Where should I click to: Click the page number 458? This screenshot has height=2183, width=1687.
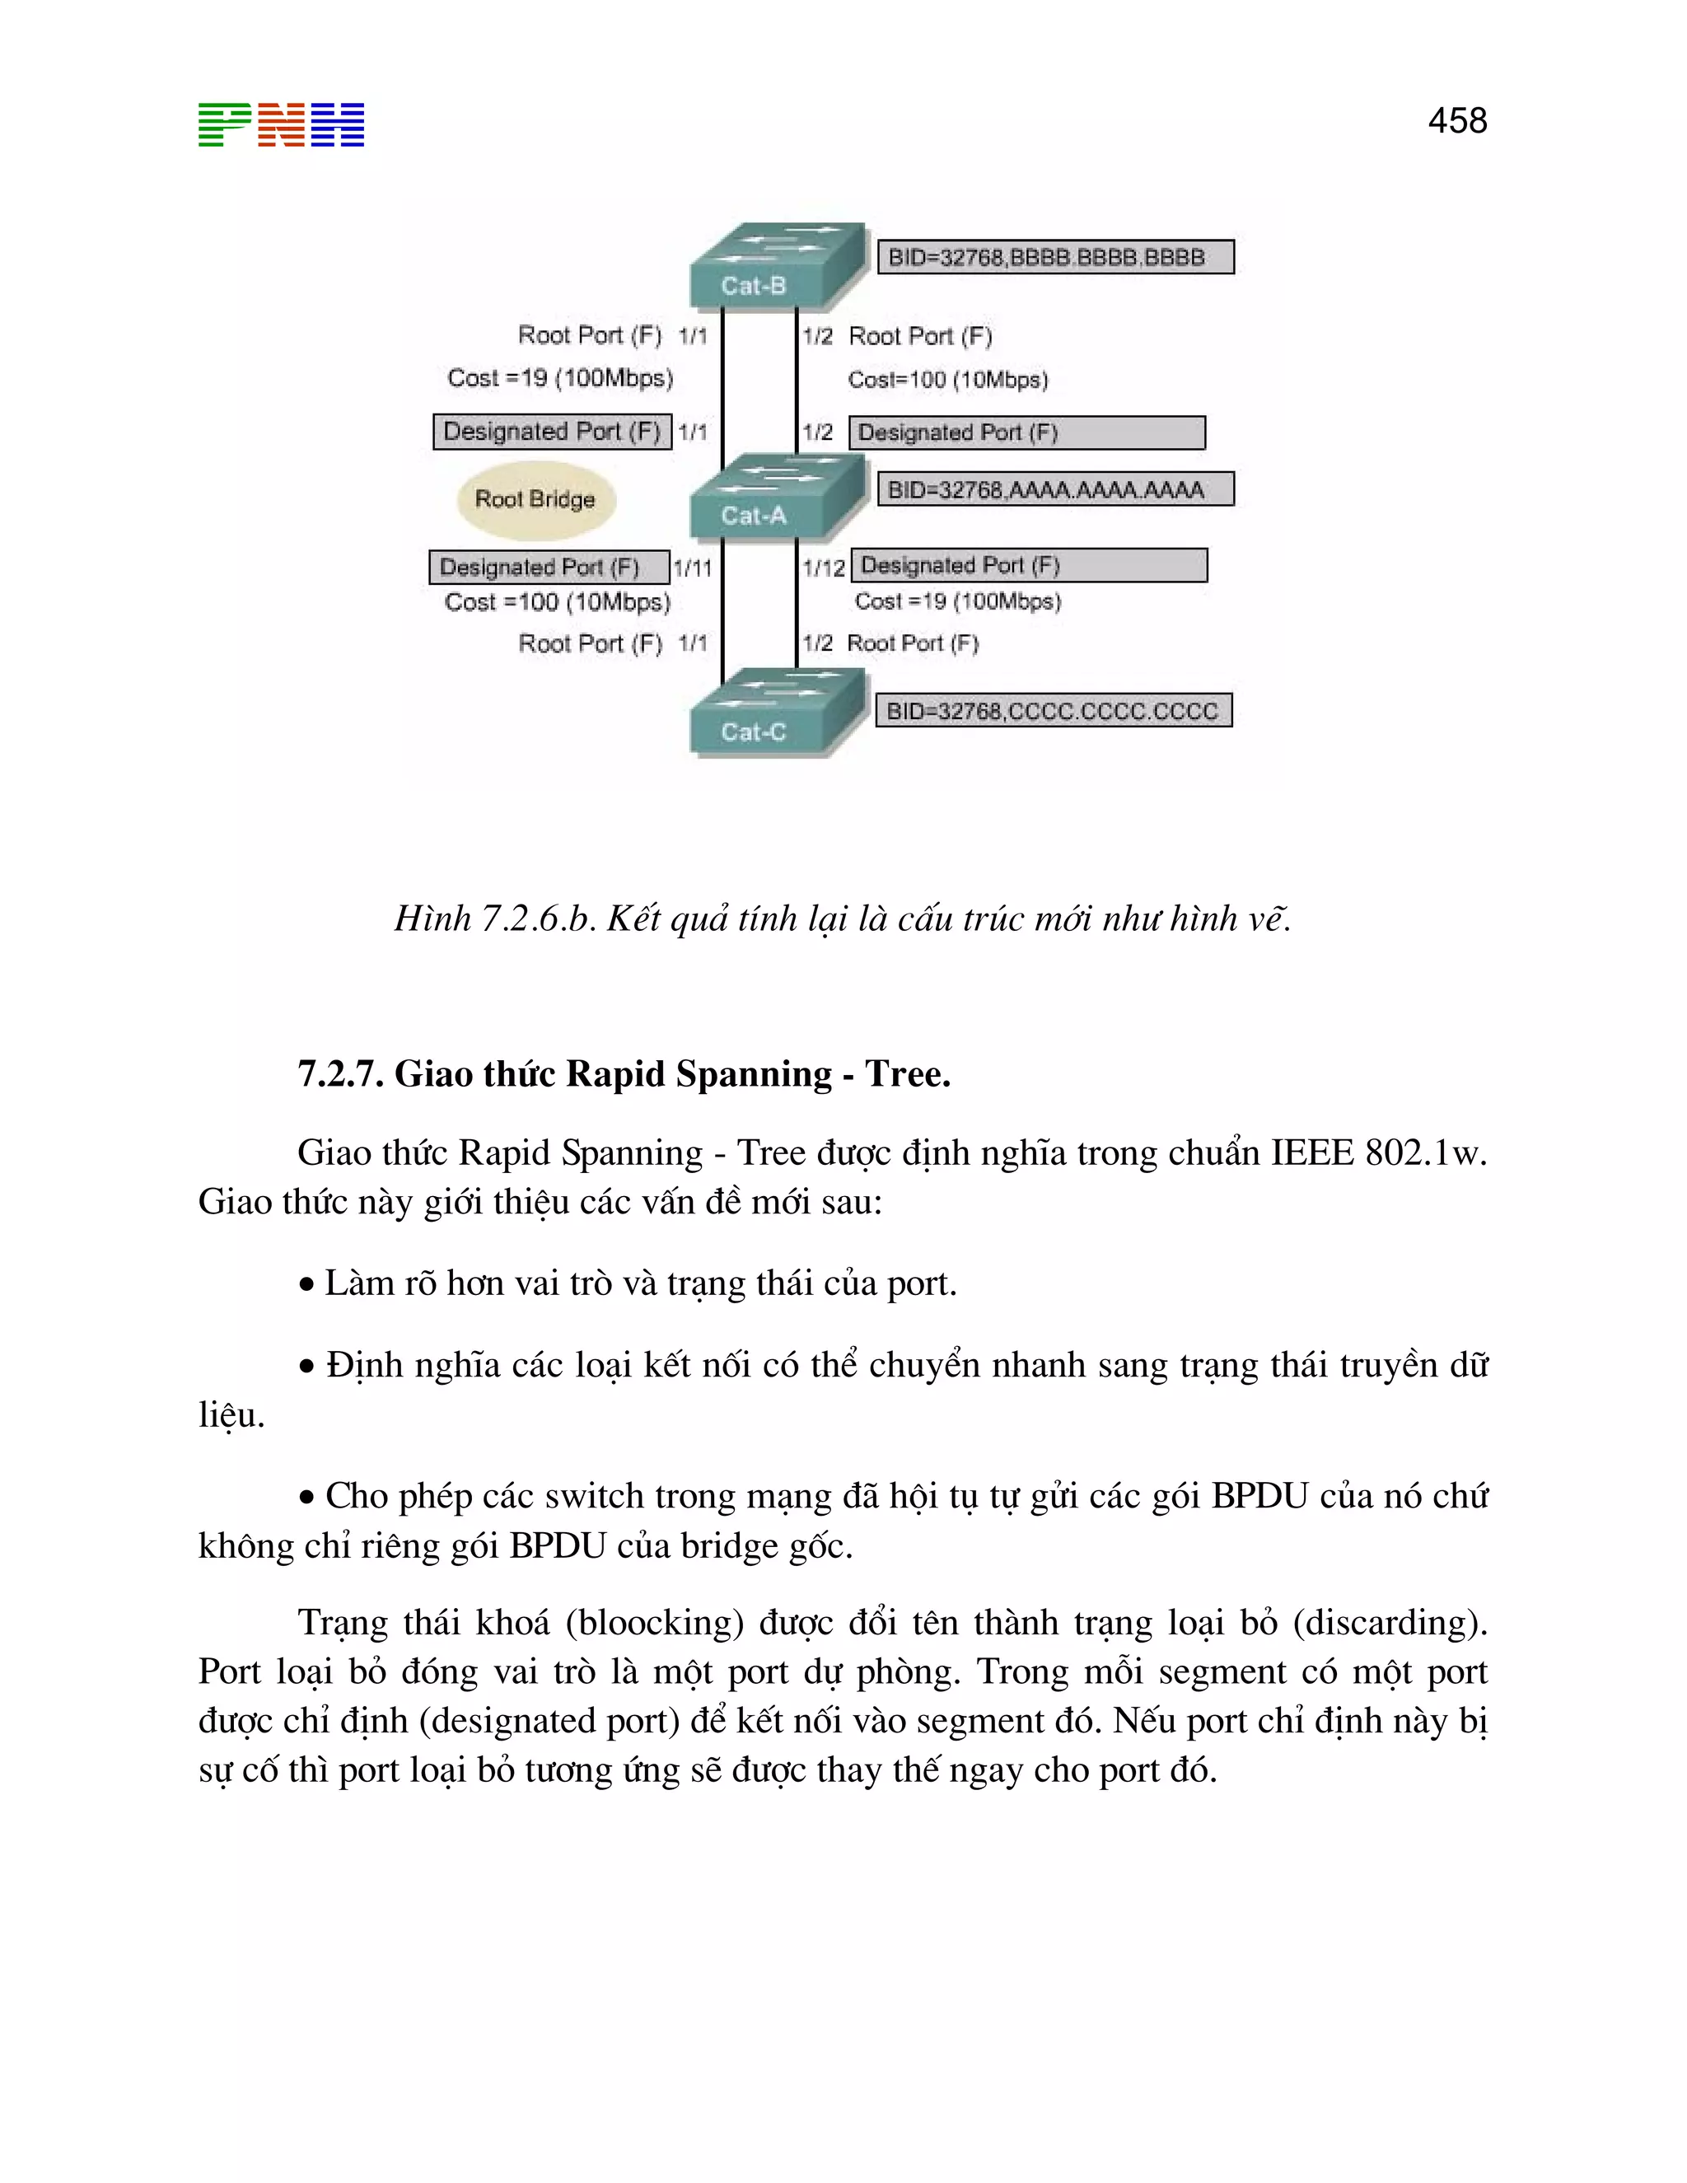(x=1456, y=121)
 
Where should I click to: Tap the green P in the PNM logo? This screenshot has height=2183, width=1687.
(x=224, y=125)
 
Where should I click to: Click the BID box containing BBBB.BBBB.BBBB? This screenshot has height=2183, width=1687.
(x=1054, y=257)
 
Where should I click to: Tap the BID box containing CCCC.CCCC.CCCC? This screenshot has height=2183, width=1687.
(x=1053, y=711)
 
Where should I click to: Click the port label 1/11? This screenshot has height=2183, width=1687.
(x=693, y=568)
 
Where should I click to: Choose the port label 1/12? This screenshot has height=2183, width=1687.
(x=824, y=568)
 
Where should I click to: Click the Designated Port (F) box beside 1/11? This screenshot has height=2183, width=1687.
(x=549, y=567)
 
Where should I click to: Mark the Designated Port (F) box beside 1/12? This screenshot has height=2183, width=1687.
(x=1028, y=566)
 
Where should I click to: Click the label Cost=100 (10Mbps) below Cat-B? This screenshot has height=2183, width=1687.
(x=947, y=380)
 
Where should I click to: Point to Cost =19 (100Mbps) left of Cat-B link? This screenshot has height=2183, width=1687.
(x=559, y=378)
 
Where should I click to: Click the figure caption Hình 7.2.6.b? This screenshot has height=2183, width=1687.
(x=495, y=918)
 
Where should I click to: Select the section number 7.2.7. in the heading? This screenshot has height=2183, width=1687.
(x=341, y=1073)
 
